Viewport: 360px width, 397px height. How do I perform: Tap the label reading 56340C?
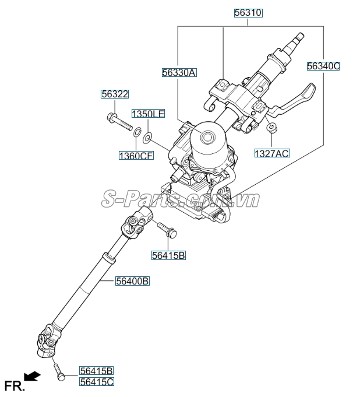(x=323, y=66)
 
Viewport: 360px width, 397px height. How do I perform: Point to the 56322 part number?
(x=114, y=94)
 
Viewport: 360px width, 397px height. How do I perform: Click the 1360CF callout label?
(x=136, y=155)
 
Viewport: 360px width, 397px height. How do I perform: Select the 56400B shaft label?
(x=132, y=281)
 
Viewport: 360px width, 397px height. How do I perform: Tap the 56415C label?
(x=97, y=381)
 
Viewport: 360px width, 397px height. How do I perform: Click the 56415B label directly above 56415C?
(x=97, y=371)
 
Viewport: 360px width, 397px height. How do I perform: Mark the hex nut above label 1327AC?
(x=271, y=128)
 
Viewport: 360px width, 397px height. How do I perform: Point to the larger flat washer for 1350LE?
(x=148, y=138)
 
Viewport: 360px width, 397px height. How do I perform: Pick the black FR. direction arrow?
(x=32, y=377)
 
